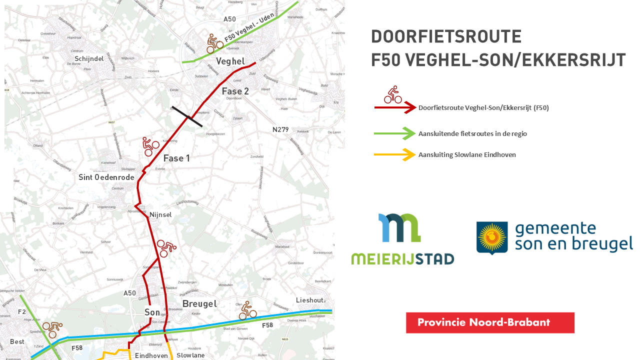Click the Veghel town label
pyautogui.click(x=230, y=61)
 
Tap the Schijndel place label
pyautogui.click(x=89, y=59)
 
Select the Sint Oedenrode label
pyautogui.click(x=106, y=177)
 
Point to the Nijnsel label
pyautogui.click(x=160, y=214)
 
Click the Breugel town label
pyautogui.click(x=199, y=304)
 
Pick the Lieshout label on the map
pyautogui.click(x=309, y=300)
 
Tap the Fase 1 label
pyautogui.click(x=176, y=158)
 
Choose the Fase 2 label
pyautogui.click(x=235, y=91)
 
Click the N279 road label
pyautogui.click(x=280, y=129)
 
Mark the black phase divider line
pyautogui.click(x=187, y=116)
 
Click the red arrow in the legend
pyautogui.click(x=395, y=107)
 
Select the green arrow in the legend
pyautogui.click(x=395, y=133)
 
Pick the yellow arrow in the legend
pyautogui.click(x=395, y=155)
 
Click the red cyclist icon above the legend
pyautogui.click(x=393, y=94)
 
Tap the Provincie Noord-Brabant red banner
pyautogui.click(x=490, y=322)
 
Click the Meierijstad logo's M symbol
pyautogui.click(x=399, y=228)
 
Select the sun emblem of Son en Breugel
pyautogui.click(x=492, y=237)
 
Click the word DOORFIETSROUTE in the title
pyautogui.click(x=446, y=37)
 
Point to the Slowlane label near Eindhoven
pyautogui.click(x=190, y=355)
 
